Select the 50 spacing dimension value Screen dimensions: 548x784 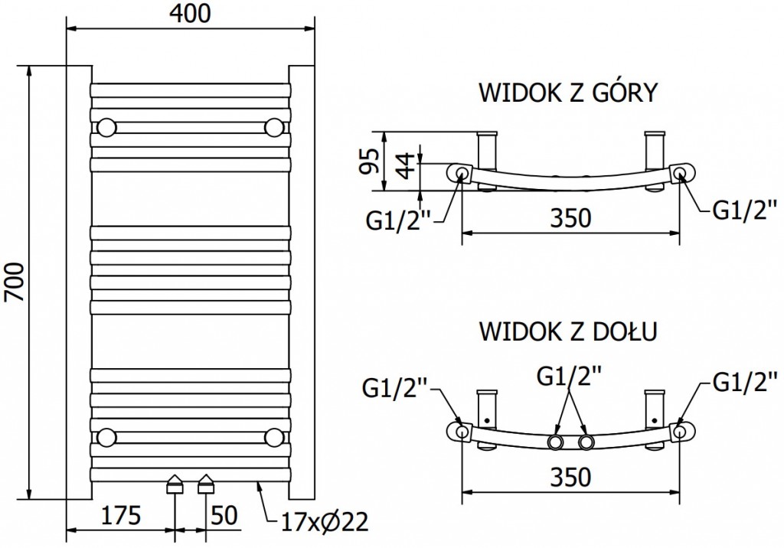[223, 516]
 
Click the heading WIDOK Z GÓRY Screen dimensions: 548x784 [567, 93]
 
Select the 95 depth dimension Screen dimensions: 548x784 [370, 160]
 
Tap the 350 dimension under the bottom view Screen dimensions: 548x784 [570, 477]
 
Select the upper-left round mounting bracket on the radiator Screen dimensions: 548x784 [107, 126]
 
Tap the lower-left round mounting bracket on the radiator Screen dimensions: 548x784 [107, 437]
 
